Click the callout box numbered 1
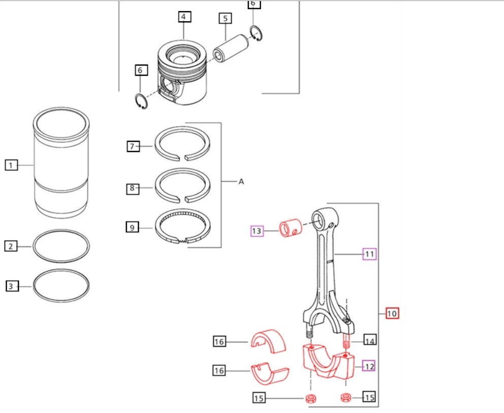pos(12,165)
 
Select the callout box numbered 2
pos(11,246)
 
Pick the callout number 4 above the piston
pos(184,17)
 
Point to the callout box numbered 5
pos(225,19)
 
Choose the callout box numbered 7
pos(133,147)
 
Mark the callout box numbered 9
pos(133,227)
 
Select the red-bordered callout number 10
pos(392,313)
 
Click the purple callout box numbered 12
pos(368,365)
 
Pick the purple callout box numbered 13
pos(258,231)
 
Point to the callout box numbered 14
pos(370,341)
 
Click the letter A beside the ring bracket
pos(241,181)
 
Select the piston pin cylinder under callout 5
pos(226,50)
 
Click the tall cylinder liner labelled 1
pos(61,165)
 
